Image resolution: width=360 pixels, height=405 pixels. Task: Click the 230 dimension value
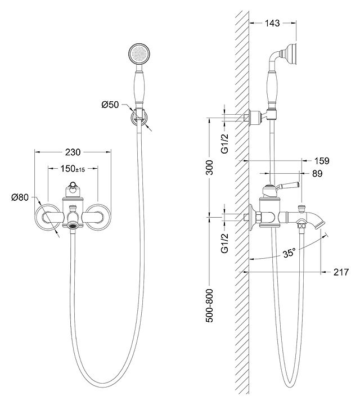[73, 152]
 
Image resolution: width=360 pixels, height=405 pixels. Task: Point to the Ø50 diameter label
[110, 105]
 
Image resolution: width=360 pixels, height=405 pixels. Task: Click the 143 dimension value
[273, 23]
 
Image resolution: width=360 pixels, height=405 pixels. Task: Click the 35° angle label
[289, 253]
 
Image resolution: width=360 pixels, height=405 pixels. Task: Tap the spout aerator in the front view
[73, 225]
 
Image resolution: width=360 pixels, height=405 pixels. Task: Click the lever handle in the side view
[287, 186]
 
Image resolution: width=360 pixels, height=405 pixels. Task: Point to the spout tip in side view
[322, 224]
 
